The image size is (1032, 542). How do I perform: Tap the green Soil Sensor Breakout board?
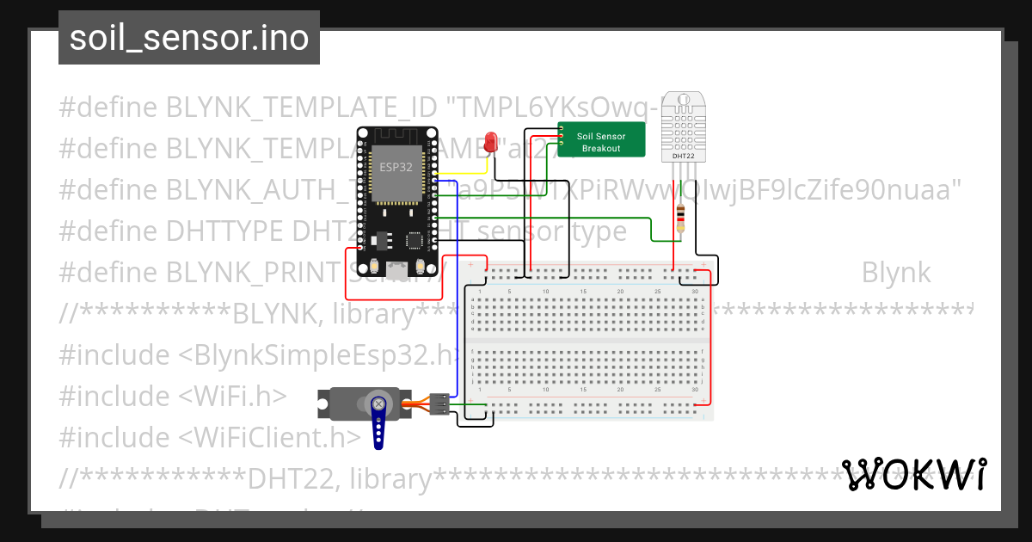[602, 140]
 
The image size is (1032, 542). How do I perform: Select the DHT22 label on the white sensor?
[682, 155]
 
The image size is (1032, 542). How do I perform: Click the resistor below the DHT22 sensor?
[682, 218]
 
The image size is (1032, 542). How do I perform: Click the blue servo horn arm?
[378, 422]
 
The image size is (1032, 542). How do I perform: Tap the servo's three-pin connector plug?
[439, 405]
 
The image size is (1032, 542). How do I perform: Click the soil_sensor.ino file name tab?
[189, 38]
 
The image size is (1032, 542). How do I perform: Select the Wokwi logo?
[913, 475]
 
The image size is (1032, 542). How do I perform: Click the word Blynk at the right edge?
[895, 273]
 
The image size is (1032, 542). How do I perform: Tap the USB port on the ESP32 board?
[396, 270]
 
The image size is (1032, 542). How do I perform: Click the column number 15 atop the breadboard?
[583, 293]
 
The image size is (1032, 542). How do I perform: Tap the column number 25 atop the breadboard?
[658, 293]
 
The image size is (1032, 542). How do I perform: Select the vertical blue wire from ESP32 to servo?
[458, 301]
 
